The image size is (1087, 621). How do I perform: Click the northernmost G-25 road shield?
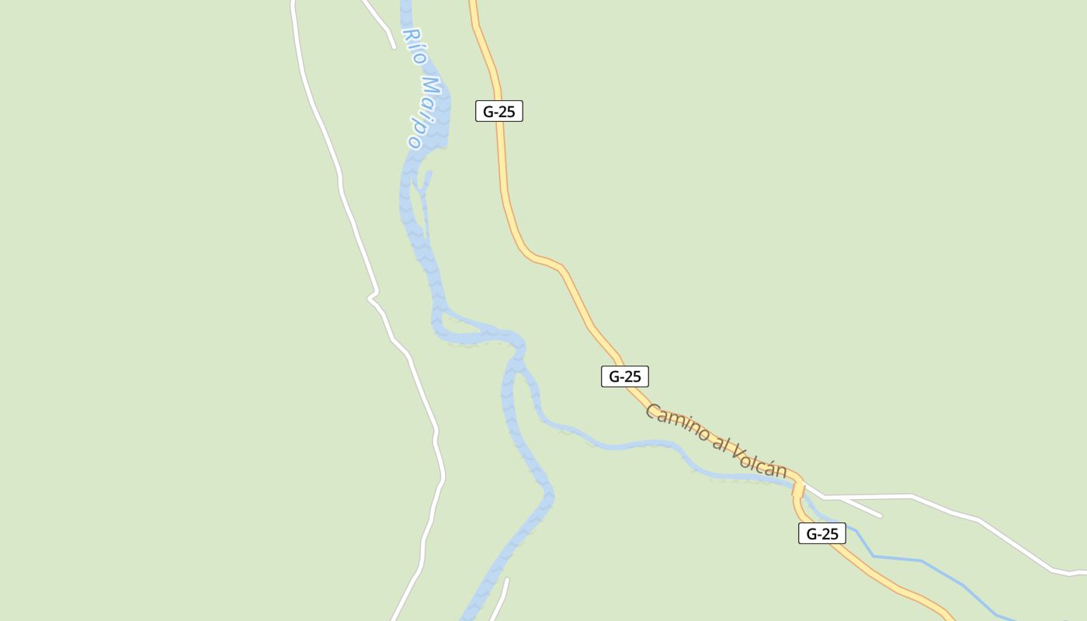(499, 112)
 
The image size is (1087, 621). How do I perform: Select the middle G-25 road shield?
(624, 376)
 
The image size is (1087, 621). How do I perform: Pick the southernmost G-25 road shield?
(821, 533)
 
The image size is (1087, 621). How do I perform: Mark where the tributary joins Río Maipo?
(519, 357)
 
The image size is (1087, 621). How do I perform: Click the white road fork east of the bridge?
(825, 496)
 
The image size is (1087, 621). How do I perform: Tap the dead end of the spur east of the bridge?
(880, 515)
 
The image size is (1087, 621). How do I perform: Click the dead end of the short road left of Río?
(394, 47)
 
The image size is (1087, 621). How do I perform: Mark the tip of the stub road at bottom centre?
(507, 579)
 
